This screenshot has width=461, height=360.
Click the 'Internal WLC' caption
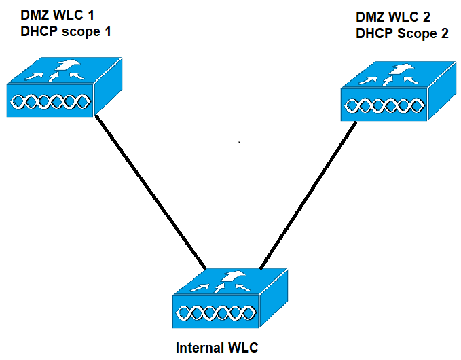click(217, 348)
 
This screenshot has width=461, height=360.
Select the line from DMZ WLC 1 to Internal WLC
click(151, 190)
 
